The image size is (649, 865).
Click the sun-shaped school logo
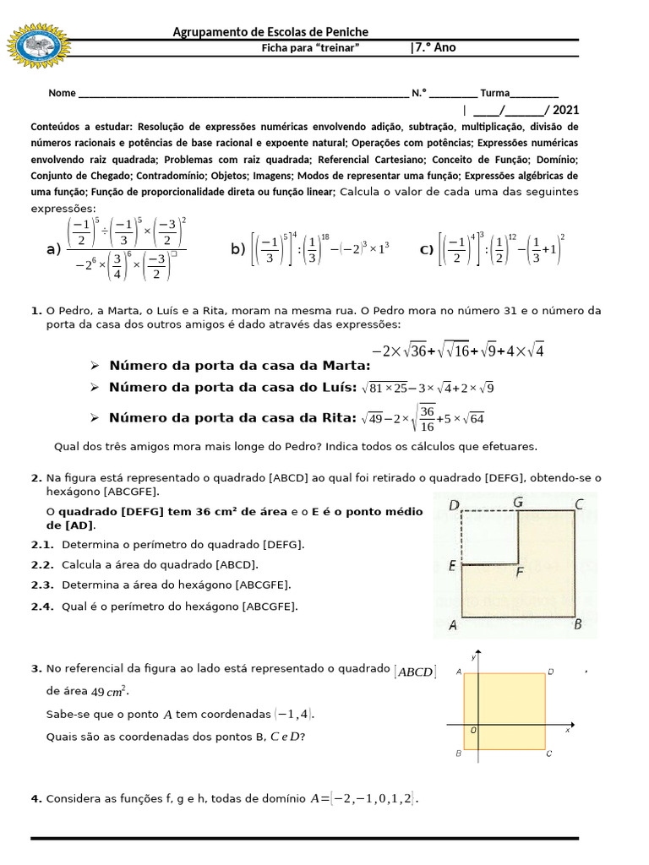pyautogui.click(x=39, y=46)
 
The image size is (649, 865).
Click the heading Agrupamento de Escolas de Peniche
pyautogui.click(x=270, y=32)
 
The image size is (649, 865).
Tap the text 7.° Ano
pyautogui.click(x=434, y=48)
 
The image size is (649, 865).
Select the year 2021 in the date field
pyautogui.click(x=565, y=110)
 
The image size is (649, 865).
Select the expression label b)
pyautogui.click(x=237, y=249)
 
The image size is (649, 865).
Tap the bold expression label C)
pyautogui.click(x=427, y=249)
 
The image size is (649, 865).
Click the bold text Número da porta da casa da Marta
pyautogui.click(x=239, y=365)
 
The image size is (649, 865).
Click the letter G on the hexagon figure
pyautogui.click(x=517, y=503)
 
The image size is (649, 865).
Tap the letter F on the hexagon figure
pyautogui.click(x=519, y=573)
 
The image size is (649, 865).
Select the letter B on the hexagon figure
pyautogui.click(x=578, y=625)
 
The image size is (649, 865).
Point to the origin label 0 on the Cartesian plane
pyautogui.click(x=473, y=730)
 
